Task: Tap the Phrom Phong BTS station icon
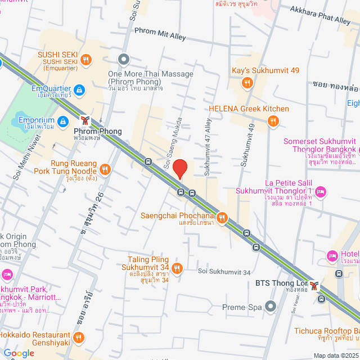85,120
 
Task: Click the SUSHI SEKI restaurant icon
85,59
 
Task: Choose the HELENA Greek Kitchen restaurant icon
273,120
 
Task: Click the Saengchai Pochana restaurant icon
222,217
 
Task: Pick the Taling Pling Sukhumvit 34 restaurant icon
177,268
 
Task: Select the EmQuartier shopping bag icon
79,89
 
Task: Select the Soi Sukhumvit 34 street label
224,273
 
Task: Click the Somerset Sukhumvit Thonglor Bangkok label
321,145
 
